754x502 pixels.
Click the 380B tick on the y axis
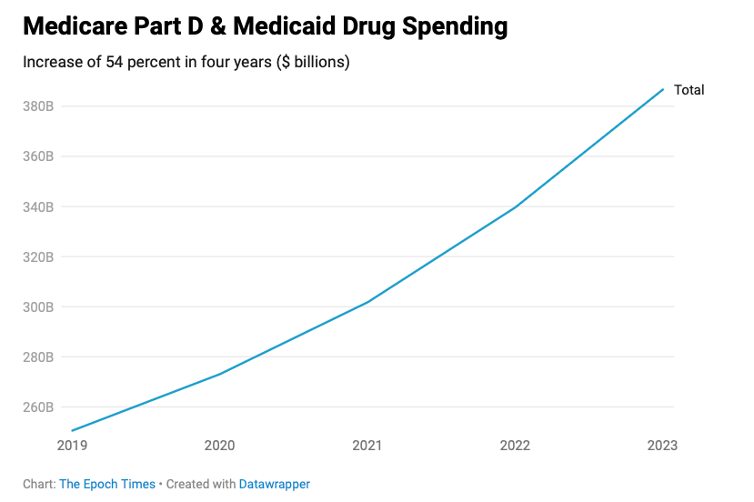point(38,106)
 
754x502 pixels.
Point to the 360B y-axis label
point(38,156)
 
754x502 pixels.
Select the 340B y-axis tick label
point(38,206)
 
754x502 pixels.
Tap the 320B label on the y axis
point(38,256)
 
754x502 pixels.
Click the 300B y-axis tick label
point(38,306)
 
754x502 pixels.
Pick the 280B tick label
point(38,356)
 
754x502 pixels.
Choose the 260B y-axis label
point(38,407)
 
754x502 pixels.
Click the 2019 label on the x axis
point(72,446)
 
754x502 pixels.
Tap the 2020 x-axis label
point(219,446)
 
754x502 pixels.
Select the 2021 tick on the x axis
point(367,446)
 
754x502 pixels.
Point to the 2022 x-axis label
point(516,446)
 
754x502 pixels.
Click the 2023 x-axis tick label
point(662,446)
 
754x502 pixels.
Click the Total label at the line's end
point(689,90)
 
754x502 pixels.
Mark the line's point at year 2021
point(367,301)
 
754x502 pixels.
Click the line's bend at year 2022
point(516,206)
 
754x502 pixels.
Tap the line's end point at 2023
point(663,89)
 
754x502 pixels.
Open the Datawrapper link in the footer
point(274,484)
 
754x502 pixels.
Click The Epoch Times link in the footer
point(107,484)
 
